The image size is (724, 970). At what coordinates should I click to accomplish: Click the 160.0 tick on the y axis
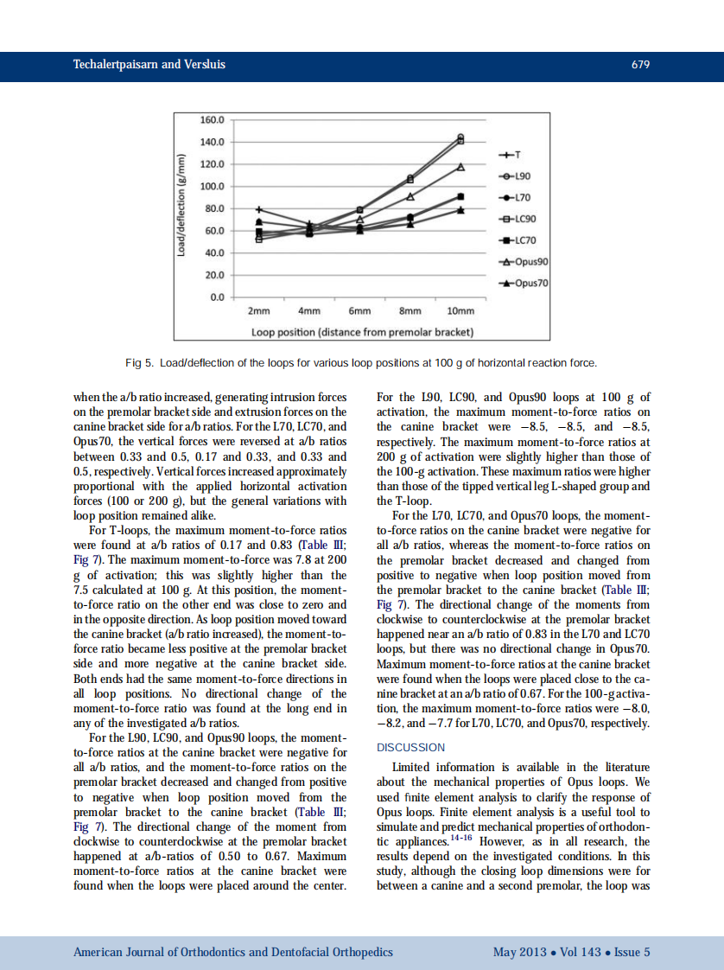[212, 119]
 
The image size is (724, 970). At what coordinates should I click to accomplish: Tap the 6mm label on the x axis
[359, 311]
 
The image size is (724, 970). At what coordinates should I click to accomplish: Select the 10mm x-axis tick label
[460, 311]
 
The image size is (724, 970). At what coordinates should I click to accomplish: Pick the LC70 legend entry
[523, 239]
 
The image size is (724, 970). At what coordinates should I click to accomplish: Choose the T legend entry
[510, 156]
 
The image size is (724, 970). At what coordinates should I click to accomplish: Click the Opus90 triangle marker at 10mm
[460, 166]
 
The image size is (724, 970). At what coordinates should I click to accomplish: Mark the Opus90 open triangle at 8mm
[410, 196]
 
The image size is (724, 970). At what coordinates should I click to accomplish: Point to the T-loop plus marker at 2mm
[259, 209]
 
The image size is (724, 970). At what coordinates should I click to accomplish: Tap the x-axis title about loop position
[362, 332]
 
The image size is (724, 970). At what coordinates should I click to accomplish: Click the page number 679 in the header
[640, 66]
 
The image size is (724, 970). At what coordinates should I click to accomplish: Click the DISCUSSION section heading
[411, 747]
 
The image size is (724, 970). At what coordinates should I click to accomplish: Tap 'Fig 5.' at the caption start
[141, 363]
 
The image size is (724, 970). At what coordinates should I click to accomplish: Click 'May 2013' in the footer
[518, 952]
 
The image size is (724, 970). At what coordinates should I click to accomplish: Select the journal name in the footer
[233, 952]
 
